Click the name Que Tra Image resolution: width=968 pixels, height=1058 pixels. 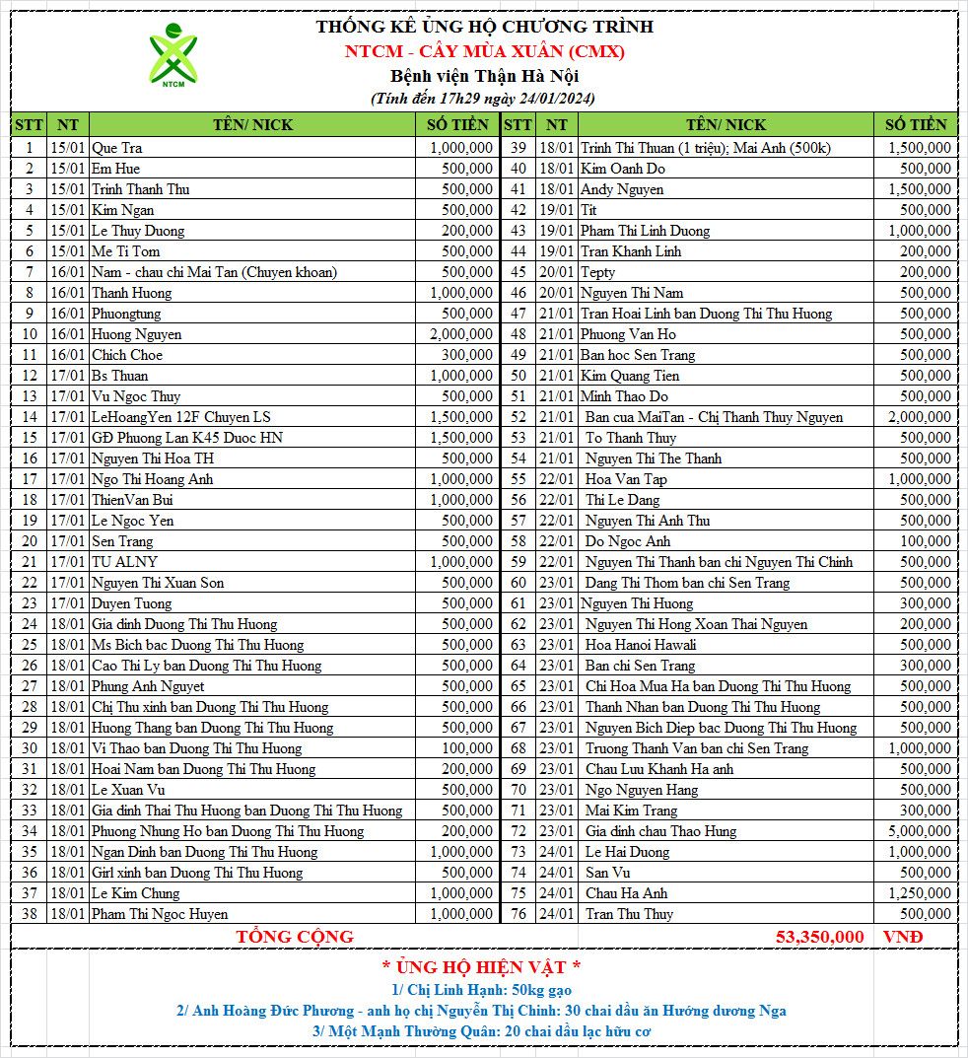click(117, 148)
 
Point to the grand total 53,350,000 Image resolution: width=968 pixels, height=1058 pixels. click(819, 937)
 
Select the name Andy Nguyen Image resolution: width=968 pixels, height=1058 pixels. click(621, 189)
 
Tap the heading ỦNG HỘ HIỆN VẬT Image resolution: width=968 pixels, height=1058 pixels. click(481, 966)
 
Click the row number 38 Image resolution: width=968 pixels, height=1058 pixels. click(30, 914)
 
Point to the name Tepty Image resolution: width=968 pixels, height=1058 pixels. click(597, 272)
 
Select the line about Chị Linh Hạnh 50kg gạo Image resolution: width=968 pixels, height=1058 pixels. click(481, 990)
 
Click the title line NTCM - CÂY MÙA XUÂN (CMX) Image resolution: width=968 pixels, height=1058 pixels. click(484, 51)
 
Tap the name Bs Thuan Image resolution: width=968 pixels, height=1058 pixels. click(120, 376)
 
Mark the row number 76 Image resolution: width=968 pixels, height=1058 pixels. click(519, 914)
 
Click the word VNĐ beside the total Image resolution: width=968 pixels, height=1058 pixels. click(902, 937)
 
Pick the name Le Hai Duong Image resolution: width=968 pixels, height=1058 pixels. click(627, 852)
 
